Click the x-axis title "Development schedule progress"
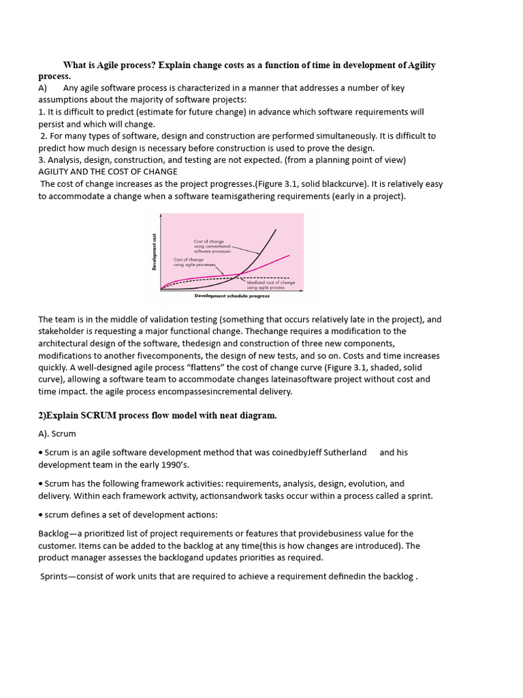[x=232, y=296]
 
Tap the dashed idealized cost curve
[x=204, y=279]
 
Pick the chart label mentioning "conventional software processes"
[x=213, y=246]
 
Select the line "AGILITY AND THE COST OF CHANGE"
[x=108, y=172]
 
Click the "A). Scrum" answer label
[x=57, y=434]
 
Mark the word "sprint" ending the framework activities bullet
[x=417, y=496]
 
